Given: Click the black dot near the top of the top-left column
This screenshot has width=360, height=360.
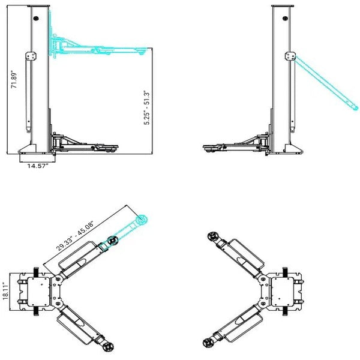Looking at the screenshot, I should click(37, 19).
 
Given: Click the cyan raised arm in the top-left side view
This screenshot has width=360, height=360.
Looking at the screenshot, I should click(99, 46).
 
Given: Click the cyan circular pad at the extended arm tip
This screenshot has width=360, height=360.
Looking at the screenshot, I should click(142, 220).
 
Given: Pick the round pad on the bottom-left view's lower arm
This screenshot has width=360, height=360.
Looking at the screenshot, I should click(108, 347).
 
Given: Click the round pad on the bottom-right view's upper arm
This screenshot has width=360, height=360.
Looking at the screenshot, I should click(211, 236).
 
